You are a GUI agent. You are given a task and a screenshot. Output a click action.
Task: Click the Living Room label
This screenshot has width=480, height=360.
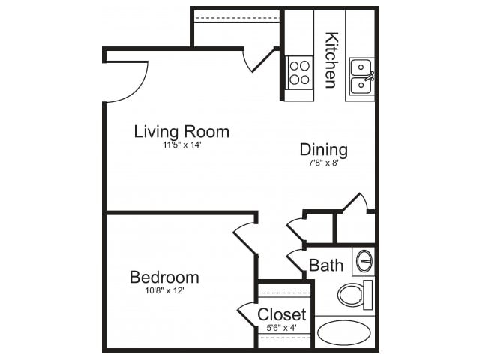(x=181, y=132)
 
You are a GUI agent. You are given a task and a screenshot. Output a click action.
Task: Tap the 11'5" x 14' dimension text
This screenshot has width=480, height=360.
(x=181, y=145)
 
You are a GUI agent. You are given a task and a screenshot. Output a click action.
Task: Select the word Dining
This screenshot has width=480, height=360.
(x=323, y=149)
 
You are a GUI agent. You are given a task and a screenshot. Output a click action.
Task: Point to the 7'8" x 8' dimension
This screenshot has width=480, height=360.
(x=323, y=161)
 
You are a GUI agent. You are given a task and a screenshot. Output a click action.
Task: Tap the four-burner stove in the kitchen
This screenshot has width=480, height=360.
(x=298, y=72)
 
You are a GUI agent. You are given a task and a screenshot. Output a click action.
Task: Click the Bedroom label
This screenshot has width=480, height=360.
(x=164, y=277)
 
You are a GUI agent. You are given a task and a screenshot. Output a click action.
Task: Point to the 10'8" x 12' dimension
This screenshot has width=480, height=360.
(x=164, y=289)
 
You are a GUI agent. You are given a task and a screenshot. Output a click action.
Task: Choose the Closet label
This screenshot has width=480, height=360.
(x=282, y=314)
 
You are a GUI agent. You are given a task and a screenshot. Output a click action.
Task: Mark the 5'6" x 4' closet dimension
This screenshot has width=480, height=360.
(x=282, y=326)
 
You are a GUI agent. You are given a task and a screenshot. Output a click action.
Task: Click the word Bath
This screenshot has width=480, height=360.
(x=326, y=265)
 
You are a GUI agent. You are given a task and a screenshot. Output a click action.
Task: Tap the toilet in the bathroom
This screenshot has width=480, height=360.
(x=354, y=294)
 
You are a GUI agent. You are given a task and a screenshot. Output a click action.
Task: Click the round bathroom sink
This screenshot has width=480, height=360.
(x=364, y=261)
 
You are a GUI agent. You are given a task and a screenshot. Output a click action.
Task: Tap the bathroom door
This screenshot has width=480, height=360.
(x=295, y=262)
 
